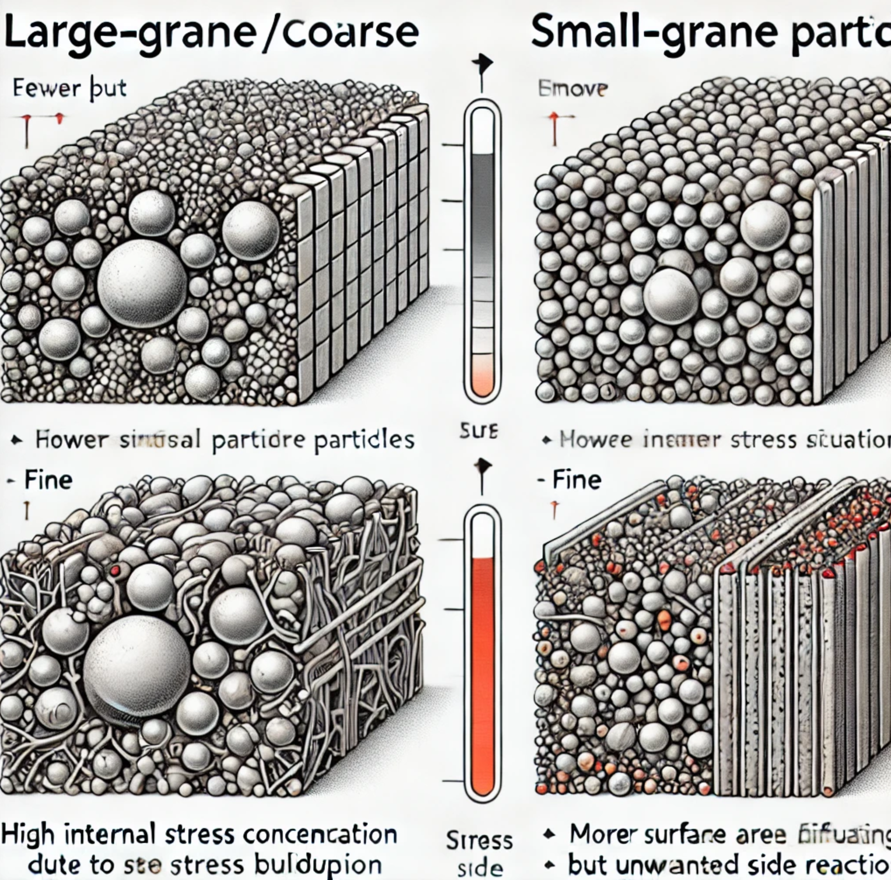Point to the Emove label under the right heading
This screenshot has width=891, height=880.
pyautogui.click(x=573, y=89)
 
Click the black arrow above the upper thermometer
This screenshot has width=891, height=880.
pyautogui.click(x=482, y=65)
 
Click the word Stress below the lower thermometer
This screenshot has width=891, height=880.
pyautogui.click(x=479, y=840)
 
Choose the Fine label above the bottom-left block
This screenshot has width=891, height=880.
pyautogui.click(x=48, y=480)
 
